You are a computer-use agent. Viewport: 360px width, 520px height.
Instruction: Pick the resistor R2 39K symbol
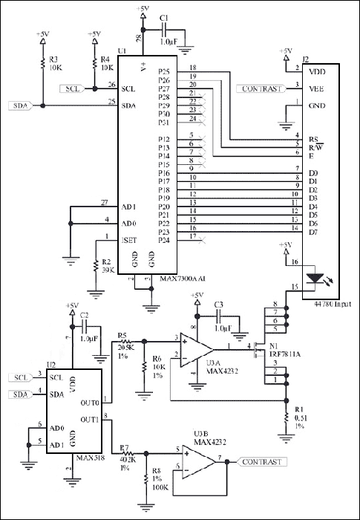pos(95,265)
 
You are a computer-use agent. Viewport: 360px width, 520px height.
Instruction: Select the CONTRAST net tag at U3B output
pos(261,462)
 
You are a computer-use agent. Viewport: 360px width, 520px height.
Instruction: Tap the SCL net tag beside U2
pos(23,377)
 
